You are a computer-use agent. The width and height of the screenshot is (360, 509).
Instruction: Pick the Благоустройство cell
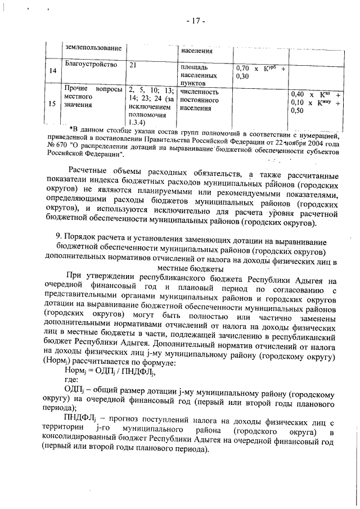[x=91, y=65]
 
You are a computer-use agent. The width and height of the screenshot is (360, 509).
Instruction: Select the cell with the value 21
[x=133, y=65]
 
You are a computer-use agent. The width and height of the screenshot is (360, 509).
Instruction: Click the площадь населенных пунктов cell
[x=200, y=74]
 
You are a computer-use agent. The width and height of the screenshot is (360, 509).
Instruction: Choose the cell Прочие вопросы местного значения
[x=93, y=97]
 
